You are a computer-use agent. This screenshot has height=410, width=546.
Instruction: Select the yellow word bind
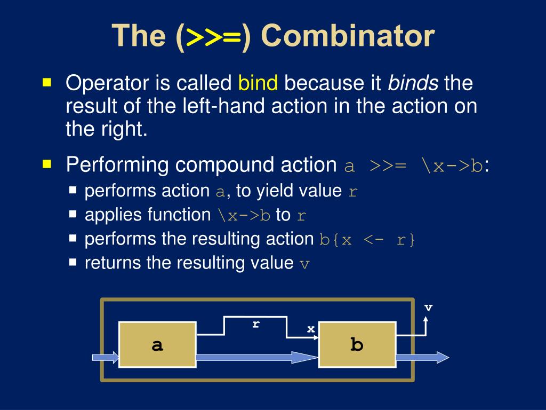click(258, 83)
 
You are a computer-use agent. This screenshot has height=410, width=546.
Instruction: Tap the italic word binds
click(413, 83)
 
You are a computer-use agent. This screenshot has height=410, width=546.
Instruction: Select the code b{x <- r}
click(367, 239)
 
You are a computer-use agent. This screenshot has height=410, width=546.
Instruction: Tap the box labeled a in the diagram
click(157, 344)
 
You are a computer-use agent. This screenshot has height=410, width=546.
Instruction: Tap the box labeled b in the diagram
click(357, 344)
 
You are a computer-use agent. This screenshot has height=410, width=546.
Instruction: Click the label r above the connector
click(256, 324)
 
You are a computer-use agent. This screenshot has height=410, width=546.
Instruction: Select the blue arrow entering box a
click(106, 357)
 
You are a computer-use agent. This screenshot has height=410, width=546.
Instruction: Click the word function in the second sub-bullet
click(179, 215)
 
